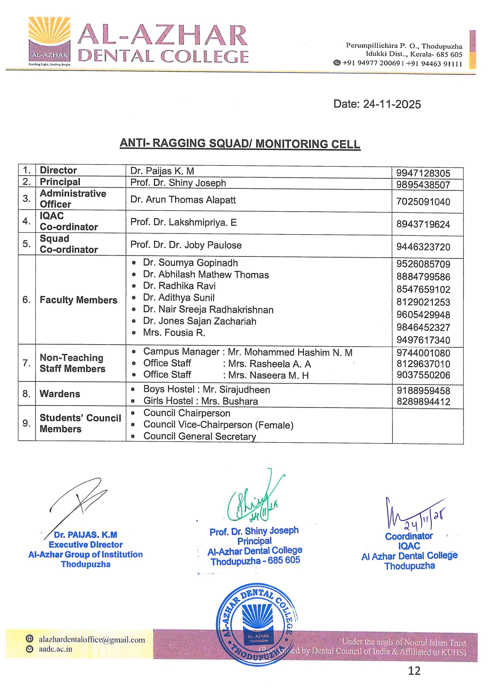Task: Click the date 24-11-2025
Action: click(377, 104)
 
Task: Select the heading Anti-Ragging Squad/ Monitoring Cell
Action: click(240, 143)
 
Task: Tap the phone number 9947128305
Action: click(423, 173)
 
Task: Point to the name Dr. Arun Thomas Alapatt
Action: click(183, 200)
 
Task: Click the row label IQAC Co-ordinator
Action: click(68, 221)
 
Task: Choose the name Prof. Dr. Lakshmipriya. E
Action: click(183, 222)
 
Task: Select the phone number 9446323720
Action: click(423, 247)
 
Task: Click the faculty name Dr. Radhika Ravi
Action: click(179, 286)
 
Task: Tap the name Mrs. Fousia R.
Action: click(174, 333)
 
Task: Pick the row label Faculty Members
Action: click(78, 300)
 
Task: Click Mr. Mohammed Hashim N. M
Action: click(290, 352)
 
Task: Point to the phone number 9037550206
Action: click(423, 375)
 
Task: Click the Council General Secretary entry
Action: click(199, 436)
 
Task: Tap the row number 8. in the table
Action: click(26, 394)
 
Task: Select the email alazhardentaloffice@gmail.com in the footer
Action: click(92, 640)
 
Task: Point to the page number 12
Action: click(414, 670)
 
